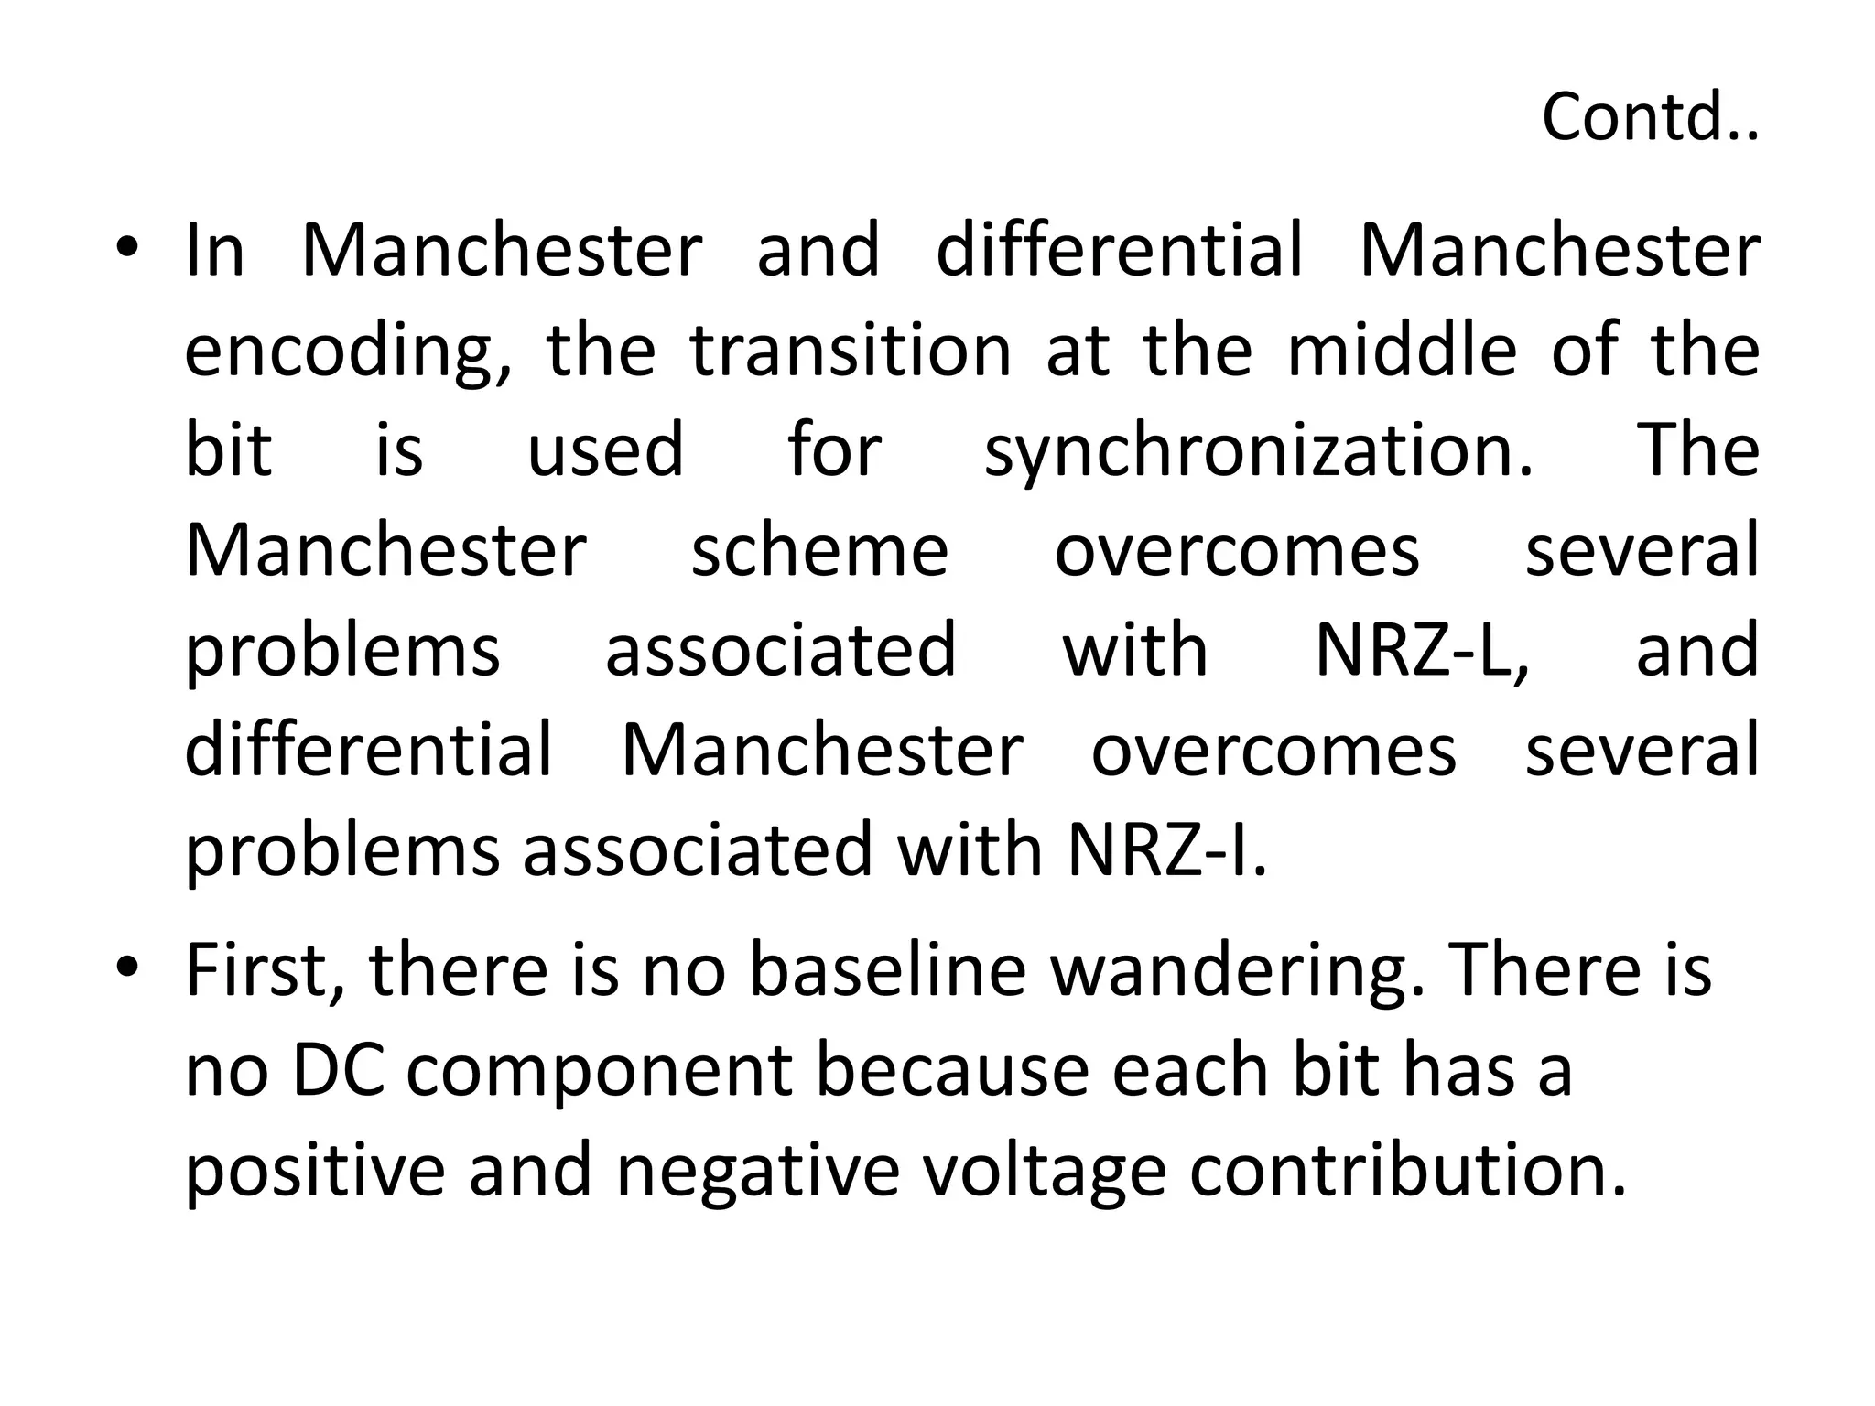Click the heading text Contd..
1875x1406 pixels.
[1649, 117]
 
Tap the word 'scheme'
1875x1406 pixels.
[819, 551]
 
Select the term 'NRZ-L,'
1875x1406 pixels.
[1422, 651]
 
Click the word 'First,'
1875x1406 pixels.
[266, 970]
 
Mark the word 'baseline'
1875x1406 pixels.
[887, 970]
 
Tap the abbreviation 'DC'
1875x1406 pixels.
[338, 1071]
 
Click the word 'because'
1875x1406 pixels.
[951, 1071]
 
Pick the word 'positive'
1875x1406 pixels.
[316, 1172]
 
